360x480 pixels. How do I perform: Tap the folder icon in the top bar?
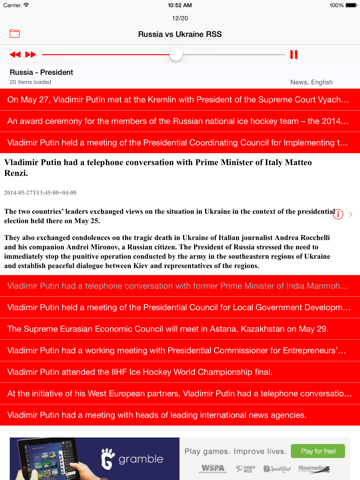15,34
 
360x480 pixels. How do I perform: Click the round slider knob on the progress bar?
176,54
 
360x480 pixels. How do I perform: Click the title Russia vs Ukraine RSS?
180,34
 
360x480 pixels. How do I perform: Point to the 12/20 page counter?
180,18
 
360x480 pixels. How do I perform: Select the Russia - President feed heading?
41,72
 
